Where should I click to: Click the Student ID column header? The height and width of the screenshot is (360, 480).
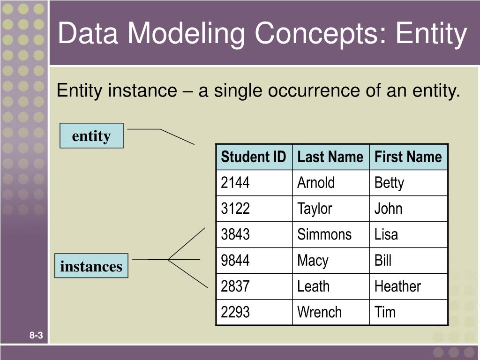253,157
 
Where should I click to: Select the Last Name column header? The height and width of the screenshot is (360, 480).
330,157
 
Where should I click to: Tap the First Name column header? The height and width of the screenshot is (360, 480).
408,157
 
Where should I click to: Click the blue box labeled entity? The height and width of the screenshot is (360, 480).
91,136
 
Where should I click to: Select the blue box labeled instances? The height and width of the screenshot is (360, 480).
91,266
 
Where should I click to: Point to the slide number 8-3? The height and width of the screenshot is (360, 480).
36,335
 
